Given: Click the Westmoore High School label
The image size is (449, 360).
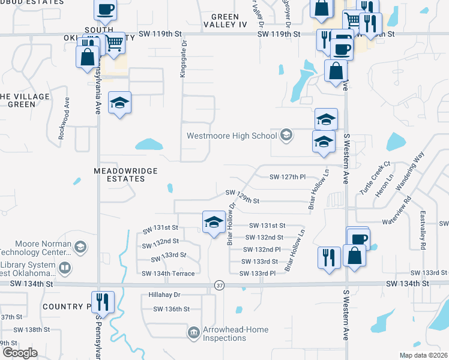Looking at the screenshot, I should tap(231, 136).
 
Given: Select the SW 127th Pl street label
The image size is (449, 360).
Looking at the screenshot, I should tap(288, 177).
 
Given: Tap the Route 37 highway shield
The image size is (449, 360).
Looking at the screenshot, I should tap(219, 284).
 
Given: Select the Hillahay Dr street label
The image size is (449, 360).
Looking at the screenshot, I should tap(164, 295).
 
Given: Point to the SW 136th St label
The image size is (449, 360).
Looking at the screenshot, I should tap(171, 309).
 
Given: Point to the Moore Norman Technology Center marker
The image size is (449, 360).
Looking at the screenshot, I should tap(80, 247).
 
